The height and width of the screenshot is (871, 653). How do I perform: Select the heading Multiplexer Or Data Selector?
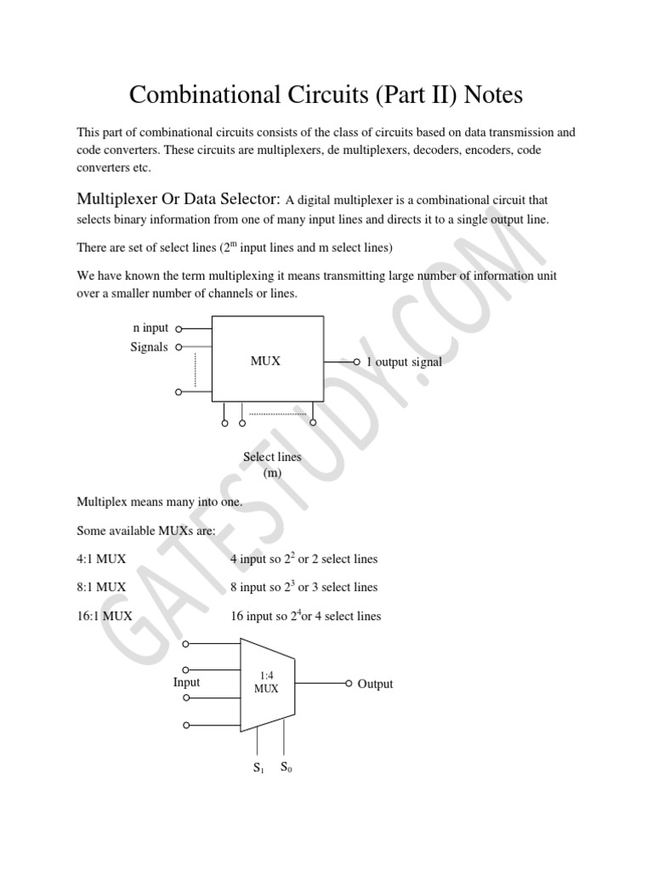tap(179, 199)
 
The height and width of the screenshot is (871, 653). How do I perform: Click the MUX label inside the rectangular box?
tap(265, 361)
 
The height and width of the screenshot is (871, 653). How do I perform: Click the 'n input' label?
tap(150, 327)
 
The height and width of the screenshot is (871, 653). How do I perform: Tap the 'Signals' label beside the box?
tap(149, 347)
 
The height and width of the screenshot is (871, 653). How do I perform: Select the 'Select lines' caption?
tap(272, 457)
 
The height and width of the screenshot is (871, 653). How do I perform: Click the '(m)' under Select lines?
tap(272, 473)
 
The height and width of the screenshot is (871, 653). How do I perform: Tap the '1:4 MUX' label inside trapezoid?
tap(266, 682)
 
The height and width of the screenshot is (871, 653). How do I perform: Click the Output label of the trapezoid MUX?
tap(375, 684)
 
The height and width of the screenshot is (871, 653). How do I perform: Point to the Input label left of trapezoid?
tap(186, 682)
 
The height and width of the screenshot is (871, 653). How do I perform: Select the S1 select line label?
tap(258, 768)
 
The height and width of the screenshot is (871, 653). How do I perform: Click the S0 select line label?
tap(287, 768)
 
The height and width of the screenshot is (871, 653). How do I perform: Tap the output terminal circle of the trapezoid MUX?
tap(348, 683)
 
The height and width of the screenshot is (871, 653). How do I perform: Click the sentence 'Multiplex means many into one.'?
tap(160, 502)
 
